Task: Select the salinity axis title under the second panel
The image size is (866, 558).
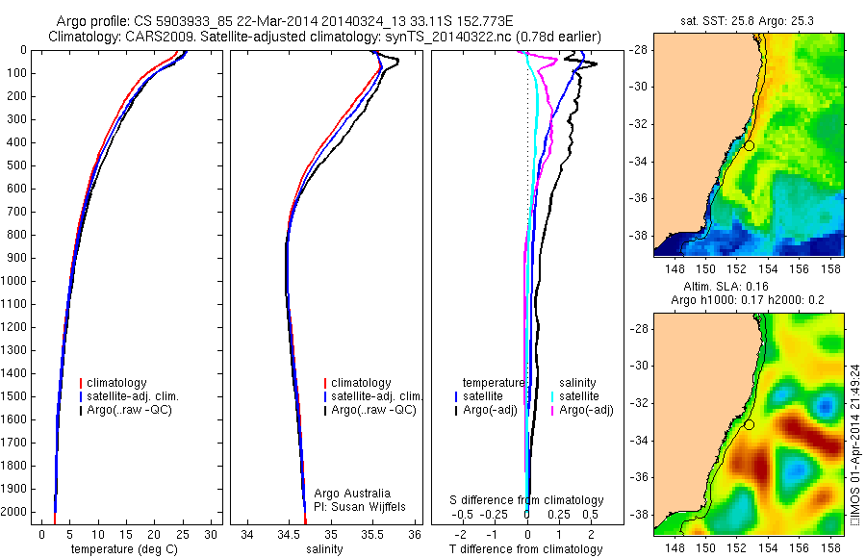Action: [322, 549]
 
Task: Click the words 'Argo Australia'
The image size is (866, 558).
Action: [352, 494]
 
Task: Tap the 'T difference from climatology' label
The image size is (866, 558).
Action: [526, 549]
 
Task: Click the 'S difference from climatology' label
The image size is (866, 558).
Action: [527, 500]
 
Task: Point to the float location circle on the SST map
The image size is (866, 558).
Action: [749, 145]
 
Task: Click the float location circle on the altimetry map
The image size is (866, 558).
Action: [749, 424]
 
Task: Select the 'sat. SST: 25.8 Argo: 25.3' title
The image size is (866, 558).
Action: [748, 21]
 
